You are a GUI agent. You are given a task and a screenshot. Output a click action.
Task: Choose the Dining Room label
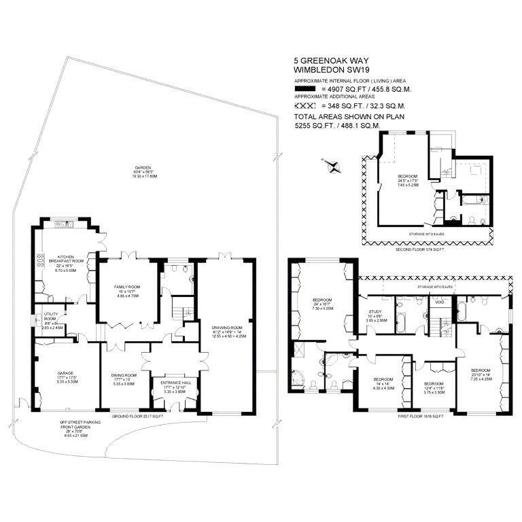(125, 379)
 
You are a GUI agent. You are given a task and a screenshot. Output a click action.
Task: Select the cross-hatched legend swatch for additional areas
(305, 106)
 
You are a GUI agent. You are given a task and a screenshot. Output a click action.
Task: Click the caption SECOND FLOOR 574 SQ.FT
(420, 250)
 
